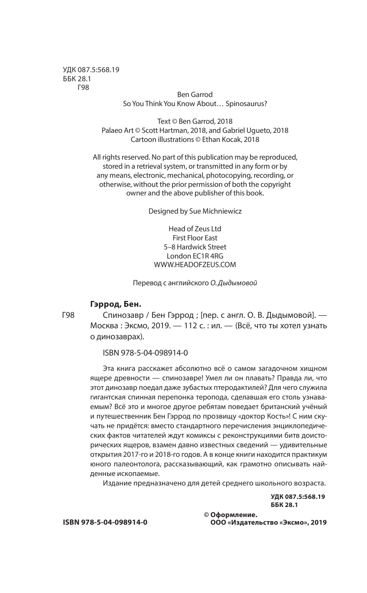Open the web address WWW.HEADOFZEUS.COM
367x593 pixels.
click(x=195, y=265)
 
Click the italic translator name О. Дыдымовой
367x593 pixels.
click(x=234, y=282)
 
